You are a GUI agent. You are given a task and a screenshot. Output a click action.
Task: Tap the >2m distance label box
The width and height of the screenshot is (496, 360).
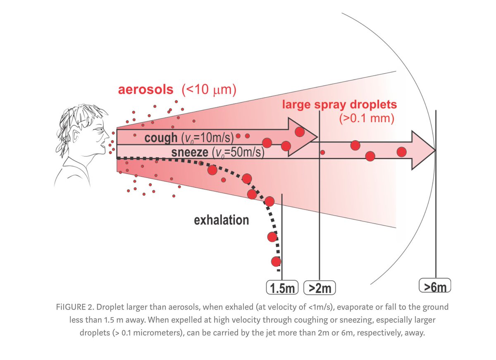point(320,288)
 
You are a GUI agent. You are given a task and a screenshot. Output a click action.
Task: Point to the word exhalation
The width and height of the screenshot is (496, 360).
point(222,220)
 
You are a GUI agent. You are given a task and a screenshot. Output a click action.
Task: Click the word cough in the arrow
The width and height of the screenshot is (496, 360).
point(161,138)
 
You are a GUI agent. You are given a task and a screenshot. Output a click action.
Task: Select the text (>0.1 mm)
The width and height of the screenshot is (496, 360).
point(366,119)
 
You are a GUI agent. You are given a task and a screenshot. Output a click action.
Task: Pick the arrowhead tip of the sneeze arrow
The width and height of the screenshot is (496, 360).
point(435,150)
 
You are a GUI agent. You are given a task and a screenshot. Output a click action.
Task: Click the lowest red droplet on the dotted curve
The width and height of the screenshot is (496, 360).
point(276,261)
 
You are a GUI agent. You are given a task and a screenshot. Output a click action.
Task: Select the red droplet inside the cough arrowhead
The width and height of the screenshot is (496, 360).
point(300,132)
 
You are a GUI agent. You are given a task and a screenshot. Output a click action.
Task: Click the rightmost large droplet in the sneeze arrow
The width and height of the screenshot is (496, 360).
point(401,152)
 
